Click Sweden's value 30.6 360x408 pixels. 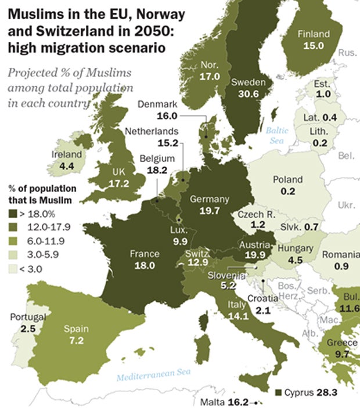click(249, 94)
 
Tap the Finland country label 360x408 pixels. click(313, 34)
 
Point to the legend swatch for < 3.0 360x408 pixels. click(12, 268)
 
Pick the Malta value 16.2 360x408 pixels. click(239, 402)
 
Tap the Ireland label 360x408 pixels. click(67, 155)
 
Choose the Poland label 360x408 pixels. click(288, 179)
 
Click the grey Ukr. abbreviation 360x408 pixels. click(346, 206)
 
